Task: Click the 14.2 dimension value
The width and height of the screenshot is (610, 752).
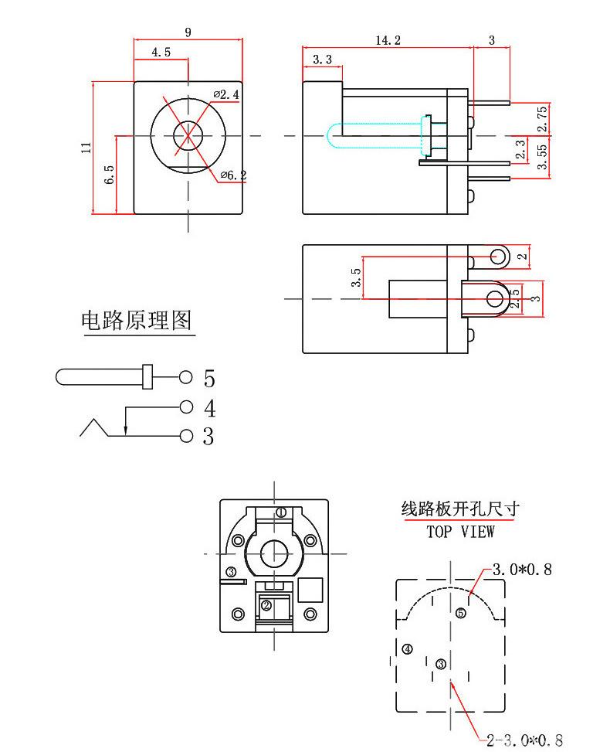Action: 388,40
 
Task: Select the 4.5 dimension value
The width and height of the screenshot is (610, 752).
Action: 161,53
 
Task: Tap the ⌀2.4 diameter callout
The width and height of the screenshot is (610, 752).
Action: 226,94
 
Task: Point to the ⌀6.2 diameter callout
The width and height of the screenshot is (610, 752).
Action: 233,175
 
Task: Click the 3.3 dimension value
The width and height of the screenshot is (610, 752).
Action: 322,60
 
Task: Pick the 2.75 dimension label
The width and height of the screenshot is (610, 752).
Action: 542,118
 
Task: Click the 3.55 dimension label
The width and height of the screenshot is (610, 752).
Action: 542,156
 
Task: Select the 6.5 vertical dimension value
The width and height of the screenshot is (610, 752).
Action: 110,174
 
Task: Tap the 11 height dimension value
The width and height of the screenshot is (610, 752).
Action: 86,147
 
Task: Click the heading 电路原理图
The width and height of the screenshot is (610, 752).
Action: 137,321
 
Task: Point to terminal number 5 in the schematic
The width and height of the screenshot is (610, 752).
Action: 208,379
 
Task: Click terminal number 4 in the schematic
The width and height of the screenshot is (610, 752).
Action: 208,408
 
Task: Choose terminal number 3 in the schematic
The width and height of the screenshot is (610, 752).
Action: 208,437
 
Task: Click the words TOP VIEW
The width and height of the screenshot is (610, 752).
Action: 460,532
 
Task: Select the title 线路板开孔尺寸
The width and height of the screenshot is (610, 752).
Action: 460,509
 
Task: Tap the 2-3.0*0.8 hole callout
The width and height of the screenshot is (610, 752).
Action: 525,740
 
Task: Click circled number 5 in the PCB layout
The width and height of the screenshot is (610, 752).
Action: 461,613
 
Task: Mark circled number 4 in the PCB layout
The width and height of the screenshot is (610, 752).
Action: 407,649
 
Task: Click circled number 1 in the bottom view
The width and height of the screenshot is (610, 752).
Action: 281,512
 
